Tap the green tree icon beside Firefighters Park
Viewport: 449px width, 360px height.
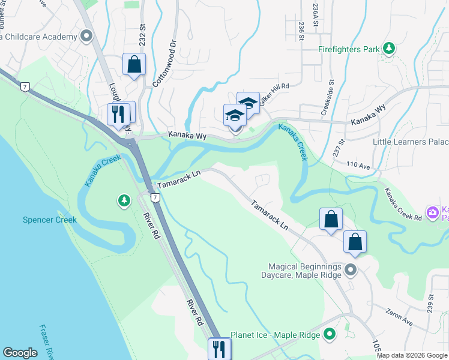tap(390, 48)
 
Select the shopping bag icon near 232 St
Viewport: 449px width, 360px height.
tap(134, 64)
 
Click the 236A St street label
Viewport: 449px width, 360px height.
tap(315, 10)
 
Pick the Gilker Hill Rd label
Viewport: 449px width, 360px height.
tap(274, 91)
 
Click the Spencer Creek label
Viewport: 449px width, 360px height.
tap(50, 220)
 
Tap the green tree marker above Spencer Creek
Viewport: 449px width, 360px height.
tap(124, 200)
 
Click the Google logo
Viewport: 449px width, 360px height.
tap(20, 353)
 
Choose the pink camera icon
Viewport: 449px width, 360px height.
tap(432, 212)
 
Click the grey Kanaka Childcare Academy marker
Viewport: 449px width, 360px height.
tap(86, 37)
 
